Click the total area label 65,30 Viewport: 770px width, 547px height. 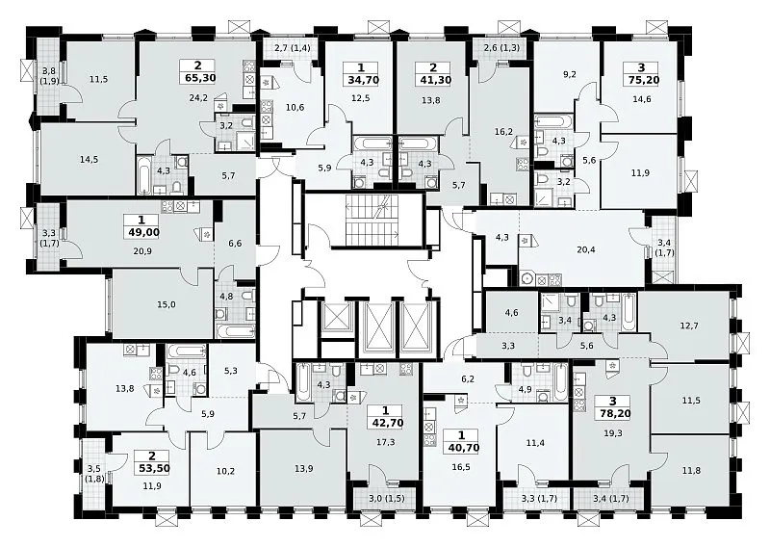coord(198,77)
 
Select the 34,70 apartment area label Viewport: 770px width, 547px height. coord(363,80)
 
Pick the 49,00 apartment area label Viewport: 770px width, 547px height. coord(141,232)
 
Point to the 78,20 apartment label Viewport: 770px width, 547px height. coord(612,413)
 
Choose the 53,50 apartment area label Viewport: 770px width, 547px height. coord(152,468)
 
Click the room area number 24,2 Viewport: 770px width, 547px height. coord(198,98)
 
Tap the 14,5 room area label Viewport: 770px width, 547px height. coord(89,159)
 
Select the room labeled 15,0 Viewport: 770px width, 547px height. coord(166,304)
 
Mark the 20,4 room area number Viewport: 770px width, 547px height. coord(586,249)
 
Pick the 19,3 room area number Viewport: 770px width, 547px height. coord(612,433)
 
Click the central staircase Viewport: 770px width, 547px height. coord(372,220)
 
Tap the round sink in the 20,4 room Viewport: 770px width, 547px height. coord(527,278)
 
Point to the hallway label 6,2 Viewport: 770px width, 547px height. coord(469,378)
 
